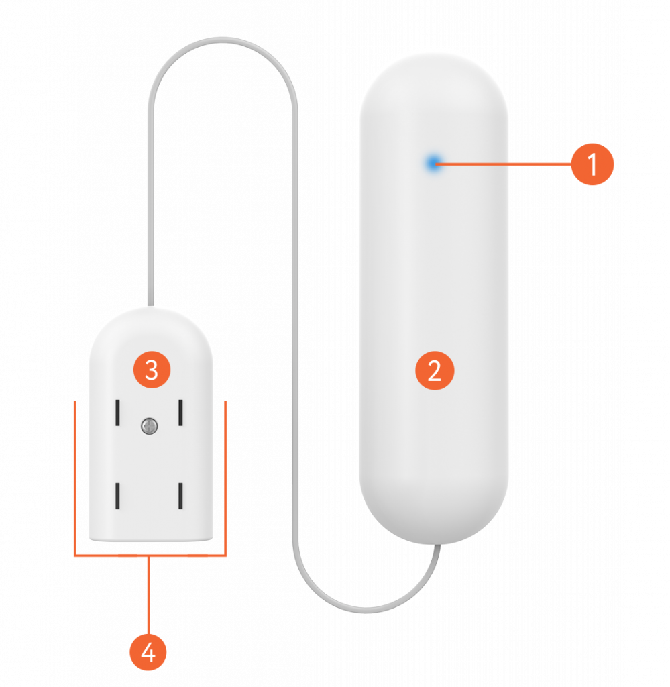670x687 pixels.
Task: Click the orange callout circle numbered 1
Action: pos(592,164)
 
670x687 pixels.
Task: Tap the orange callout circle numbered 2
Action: pos(435,371)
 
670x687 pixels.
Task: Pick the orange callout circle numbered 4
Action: pos(148,650)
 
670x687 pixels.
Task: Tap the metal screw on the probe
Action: pos(149,425)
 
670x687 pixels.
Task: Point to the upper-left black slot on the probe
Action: pos(117,413)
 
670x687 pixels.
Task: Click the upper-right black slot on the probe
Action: pos(180,413)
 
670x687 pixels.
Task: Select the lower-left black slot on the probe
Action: pos(117,496)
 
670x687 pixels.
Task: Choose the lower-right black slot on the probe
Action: pos(180,496)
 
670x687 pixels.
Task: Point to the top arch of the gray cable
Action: pos(222,41)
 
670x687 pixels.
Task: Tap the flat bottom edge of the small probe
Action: pos(151,539)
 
